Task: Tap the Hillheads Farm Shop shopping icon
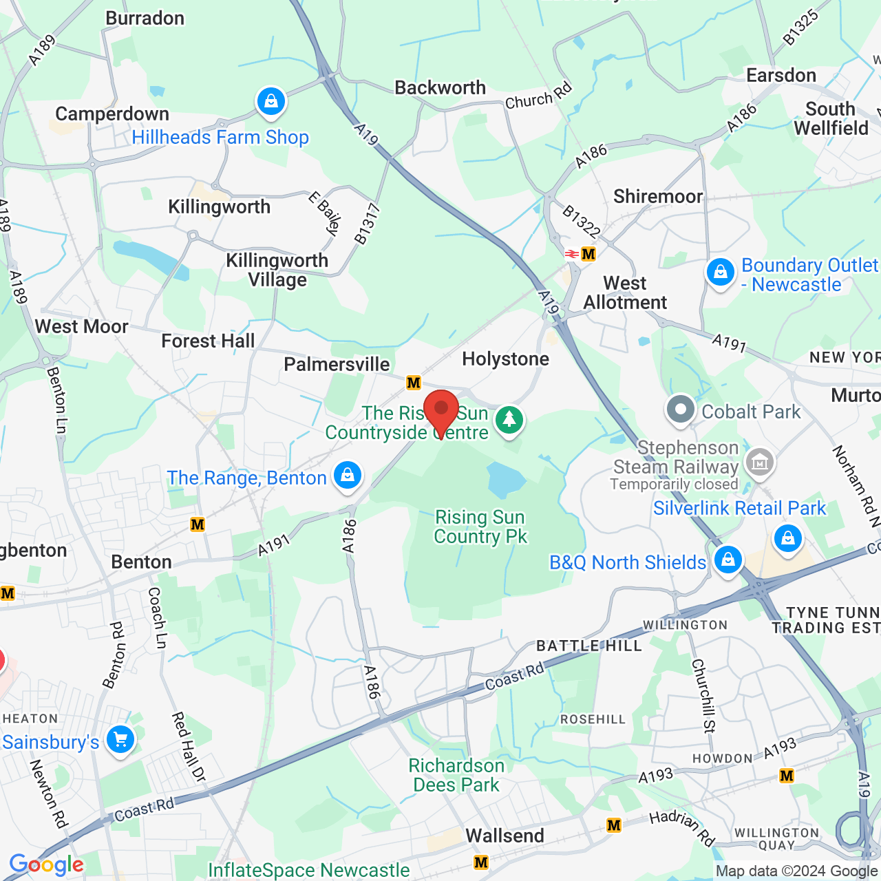coord(271,102)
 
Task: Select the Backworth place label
coord(440,87)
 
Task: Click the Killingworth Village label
coord(277,270)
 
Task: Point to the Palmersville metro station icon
coord(413,383)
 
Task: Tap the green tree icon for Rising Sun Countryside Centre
coord(509,419)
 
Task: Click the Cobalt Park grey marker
coord(681,410)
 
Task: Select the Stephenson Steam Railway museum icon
coord(760,462)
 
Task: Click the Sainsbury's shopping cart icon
coord(120,741)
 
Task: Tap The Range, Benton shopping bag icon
coord(348,476)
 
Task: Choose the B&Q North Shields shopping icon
coord(728,560)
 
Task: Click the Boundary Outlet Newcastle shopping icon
coord(721,273)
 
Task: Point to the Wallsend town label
coord(505,836)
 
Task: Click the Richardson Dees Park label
coord(456,775)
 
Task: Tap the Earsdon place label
coord(781,75)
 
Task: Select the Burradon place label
coord(145,18)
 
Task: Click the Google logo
coord(47,864)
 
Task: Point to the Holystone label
coord(505,359)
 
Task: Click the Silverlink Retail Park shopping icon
coord(787,538)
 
